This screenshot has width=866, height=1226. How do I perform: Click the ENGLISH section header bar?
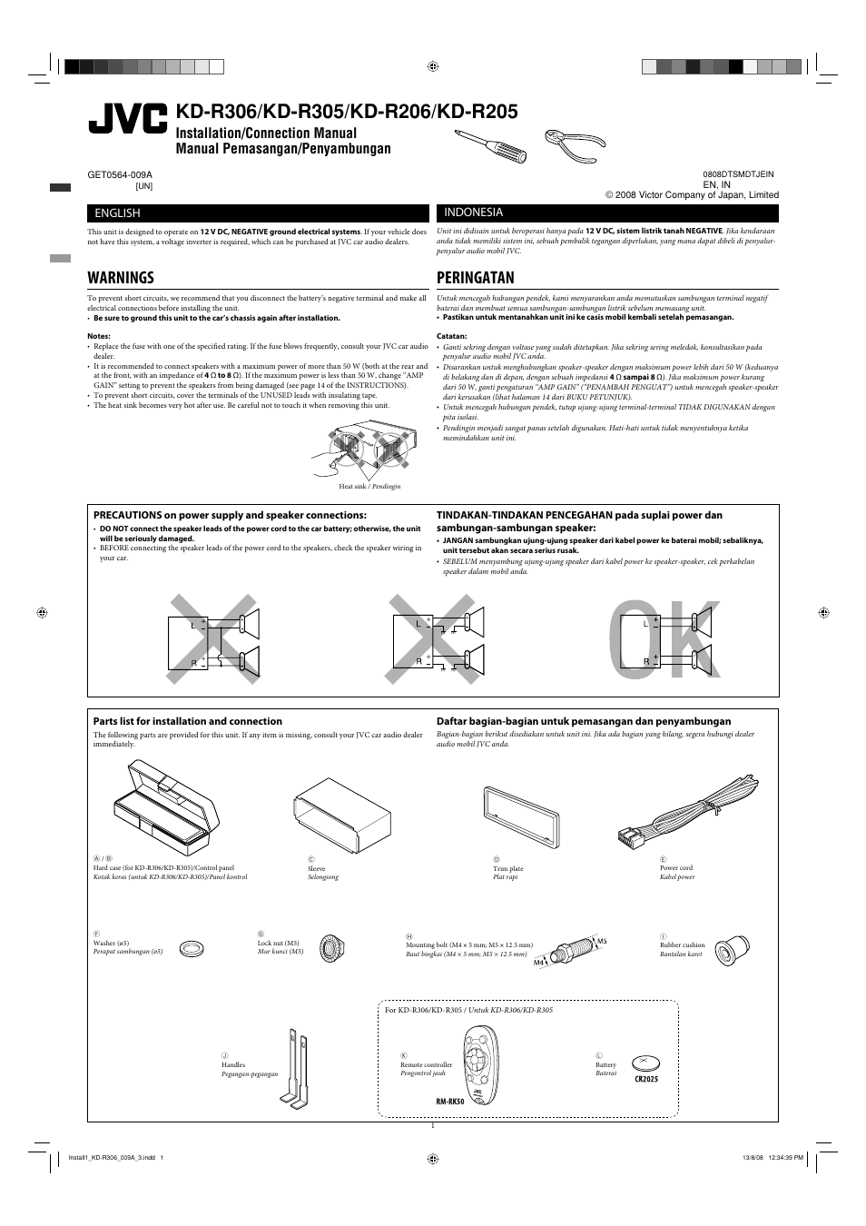[x=258, y=213]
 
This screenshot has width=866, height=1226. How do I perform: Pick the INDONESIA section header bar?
[x=607, y=213]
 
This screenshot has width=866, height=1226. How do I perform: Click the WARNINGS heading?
[x=121, y=278]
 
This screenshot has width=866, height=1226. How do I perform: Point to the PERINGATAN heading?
[x=475, y=278]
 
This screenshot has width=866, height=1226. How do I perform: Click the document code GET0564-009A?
[x=120, y=174]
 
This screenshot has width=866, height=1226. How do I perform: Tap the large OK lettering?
[x=668, y=641]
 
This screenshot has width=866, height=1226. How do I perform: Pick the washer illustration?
[x=192, y=949]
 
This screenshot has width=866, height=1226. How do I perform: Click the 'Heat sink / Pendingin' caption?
[x=369, y=487]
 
